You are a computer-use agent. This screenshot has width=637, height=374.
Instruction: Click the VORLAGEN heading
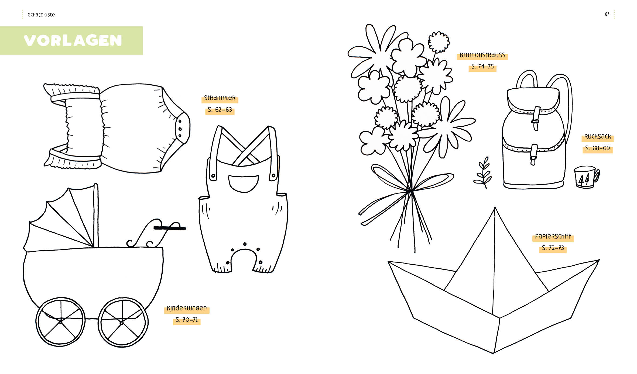tap(73, 40)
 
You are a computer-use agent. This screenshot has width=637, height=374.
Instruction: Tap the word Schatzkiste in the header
tap(41, 15)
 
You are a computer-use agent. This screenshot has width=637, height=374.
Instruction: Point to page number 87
tap(607, 14)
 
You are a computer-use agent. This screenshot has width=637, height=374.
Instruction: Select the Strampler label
tap(220, 98)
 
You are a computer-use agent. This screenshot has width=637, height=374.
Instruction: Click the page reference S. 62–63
tap(220, 110)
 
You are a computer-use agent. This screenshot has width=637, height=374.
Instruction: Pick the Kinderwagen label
tap(187, 308)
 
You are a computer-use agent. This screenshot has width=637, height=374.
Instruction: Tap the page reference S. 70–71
tap(187, 320)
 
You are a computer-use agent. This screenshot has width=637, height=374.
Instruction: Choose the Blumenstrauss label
tap(482, 55)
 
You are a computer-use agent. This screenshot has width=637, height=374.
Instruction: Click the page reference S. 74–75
tap(482, 67)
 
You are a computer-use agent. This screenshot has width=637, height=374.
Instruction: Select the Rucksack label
tap(597, 136)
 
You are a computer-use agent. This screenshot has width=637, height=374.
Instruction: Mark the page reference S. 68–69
tap(597, 148)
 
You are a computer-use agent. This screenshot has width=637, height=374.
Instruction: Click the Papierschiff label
tap(553, 236)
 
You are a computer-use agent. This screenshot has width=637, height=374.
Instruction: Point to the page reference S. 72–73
tap(553, 248)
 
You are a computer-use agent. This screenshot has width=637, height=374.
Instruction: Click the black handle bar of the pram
tap(170, 228)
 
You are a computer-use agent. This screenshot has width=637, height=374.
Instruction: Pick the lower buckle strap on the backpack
tap(534, 155)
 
